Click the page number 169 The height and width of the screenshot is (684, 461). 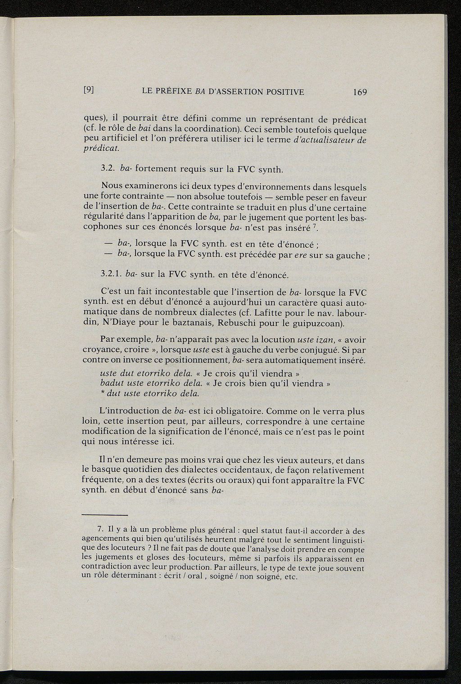click(x=360, y=92)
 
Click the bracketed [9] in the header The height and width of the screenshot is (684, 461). click(x=88, y=90)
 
